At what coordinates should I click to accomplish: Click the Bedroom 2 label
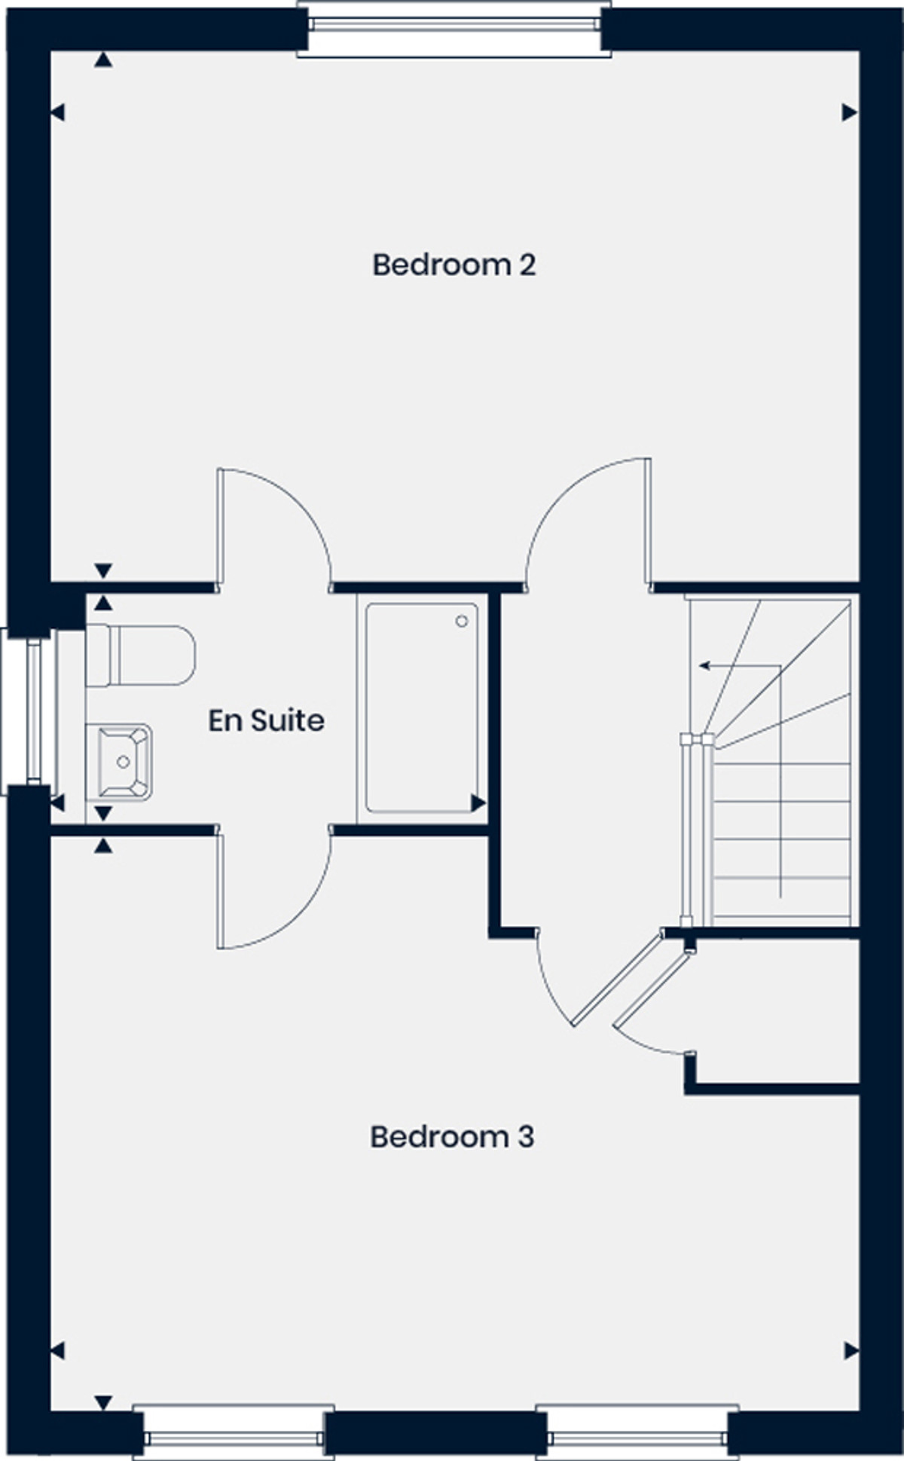click(x=454, y=265)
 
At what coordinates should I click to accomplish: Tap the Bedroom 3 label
click(x=452, y=1136)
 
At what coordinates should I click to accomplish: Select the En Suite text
click(x=266, y=720)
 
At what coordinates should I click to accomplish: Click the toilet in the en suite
click(x=140, y=655)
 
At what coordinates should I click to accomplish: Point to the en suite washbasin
click(x=119, y=762)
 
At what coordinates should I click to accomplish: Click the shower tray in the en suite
click(x=422, y=708)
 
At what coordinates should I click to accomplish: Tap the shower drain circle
click(x=461, y=621)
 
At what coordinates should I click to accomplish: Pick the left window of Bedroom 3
click(x=234, y=1430)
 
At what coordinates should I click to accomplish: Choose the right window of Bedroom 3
click(x=637, y=1430)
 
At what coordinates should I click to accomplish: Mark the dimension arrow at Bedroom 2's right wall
click(x=850, y=113)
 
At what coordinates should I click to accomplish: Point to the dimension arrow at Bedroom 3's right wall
click(x=851, y=1351)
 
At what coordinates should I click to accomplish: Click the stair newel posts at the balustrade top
click(x=697, y=739)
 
